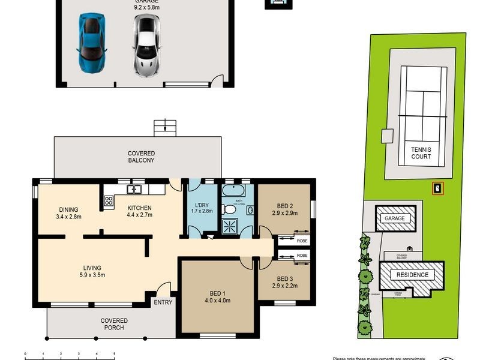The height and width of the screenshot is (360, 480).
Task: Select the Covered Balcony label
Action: click(x=141, y=157)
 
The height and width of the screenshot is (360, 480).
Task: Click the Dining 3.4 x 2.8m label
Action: click(x=69, y=212)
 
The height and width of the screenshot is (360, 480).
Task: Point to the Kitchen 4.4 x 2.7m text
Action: click(x=139, y=212)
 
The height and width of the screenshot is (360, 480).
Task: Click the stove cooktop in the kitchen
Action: click(x=109, y=200)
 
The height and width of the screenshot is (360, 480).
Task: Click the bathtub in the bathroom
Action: click(x=232, y=193)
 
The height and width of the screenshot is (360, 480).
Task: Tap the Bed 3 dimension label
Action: click(x=285, y=286)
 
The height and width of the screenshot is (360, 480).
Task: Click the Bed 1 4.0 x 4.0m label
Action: click(x=218, y=296)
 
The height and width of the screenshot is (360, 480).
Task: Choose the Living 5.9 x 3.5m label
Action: click(x=92, y=272)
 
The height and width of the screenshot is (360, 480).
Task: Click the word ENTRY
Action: click(x=163, y=302)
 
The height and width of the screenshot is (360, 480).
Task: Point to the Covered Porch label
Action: click(x=113, y=324)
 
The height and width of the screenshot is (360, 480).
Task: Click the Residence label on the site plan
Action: click(x=412, y=275)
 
